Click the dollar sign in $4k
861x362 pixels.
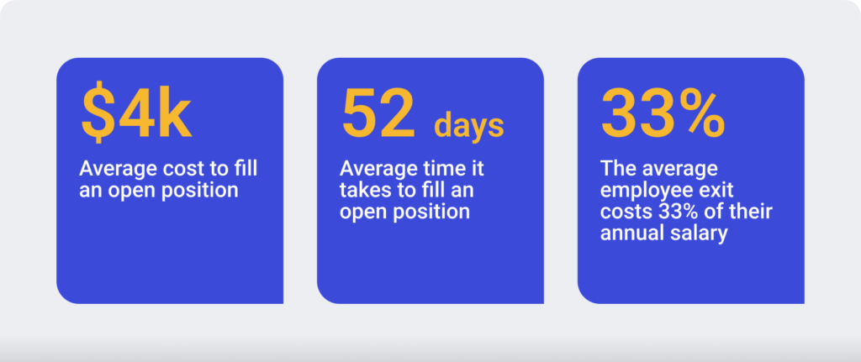point(98,112)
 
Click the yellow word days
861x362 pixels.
point(469,127)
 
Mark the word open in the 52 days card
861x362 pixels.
point(362,212)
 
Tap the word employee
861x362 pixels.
point(649,191)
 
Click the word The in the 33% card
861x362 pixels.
point(616,168)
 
